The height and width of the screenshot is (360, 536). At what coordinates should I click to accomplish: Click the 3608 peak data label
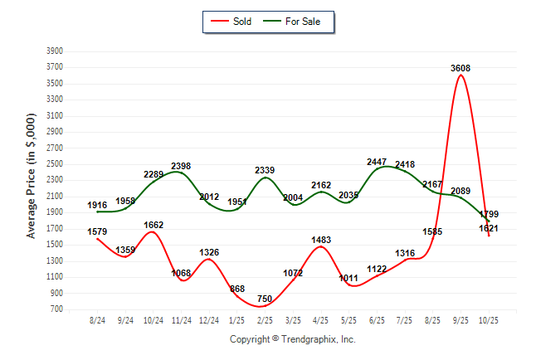[461, 68]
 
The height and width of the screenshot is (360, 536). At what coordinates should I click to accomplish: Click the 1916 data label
[98, 204]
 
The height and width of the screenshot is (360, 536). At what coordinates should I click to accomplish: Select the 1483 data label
[321, 240]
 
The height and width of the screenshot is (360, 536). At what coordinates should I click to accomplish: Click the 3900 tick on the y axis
[55, 51]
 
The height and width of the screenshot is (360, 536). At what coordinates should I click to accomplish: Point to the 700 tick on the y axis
[57, 309]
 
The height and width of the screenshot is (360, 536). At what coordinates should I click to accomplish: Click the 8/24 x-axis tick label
[97, 319]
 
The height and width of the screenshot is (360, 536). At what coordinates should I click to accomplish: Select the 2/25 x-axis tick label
[265, 319]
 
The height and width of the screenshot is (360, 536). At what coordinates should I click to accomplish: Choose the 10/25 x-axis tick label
[489, 319]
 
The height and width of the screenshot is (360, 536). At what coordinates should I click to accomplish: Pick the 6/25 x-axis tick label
[377, 319]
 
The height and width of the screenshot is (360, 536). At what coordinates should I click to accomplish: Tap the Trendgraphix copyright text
[292, 339]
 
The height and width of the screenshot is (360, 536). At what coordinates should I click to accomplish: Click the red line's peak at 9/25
[460, 75]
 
